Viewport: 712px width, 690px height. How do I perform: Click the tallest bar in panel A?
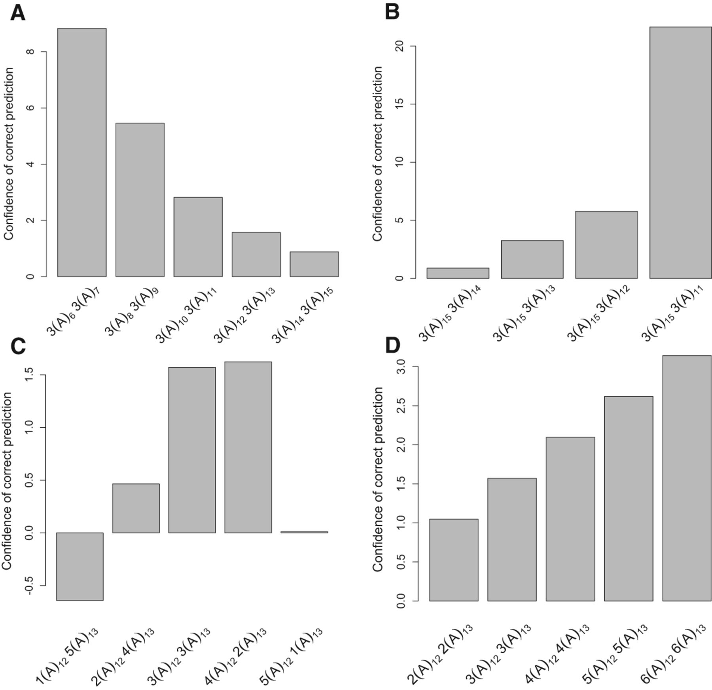(x=81, y=152)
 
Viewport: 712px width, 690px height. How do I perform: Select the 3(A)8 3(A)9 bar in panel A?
(x=140, y=200)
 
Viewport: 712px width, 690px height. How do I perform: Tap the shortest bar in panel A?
(x=314, y=264)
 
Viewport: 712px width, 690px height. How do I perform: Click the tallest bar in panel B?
(x=680, y=153)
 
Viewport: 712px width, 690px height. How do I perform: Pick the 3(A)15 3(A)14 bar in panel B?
(x=458, y=273)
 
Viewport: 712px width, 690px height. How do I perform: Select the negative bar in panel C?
(x=80, y=566)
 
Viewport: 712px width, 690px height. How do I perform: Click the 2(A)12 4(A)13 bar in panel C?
(x=136, y=508)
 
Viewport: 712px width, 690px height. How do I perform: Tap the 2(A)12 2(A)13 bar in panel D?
(x=453, y=560)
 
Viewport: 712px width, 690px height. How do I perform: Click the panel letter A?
(x=17, y=13)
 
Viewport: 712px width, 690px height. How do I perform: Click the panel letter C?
(x=18, y=346)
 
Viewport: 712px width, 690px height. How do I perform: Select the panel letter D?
(x=393, y=345)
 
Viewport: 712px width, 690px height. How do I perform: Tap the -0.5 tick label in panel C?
(x=28, y=585)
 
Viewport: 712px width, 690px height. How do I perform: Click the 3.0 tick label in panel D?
(x=400, y=367)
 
